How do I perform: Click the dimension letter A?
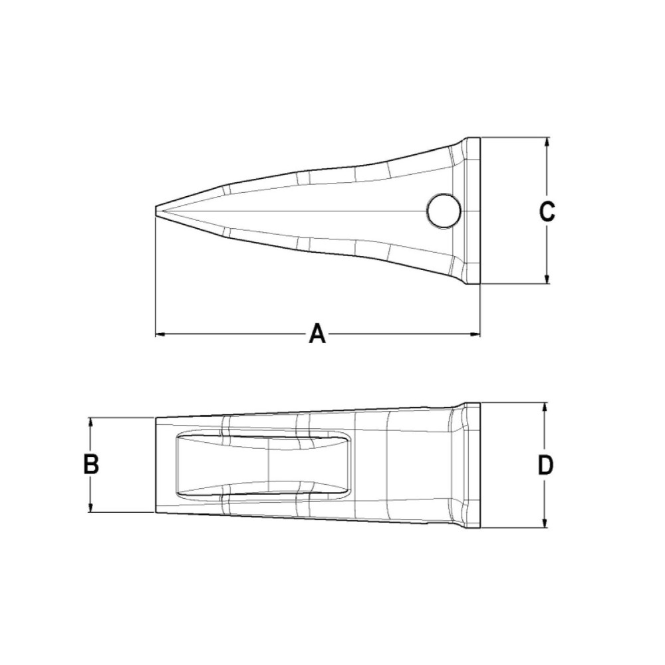[317, 333]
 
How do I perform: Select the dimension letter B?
[91, 464]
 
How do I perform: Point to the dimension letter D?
[545, 465]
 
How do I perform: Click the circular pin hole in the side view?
[444, 211]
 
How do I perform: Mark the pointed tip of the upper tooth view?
[157, 211]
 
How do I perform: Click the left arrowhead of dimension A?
[160, 334]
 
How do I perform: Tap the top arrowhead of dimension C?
[547, 142]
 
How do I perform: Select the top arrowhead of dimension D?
[545, 407]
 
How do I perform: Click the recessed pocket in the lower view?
[263, 464]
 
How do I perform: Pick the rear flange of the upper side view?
[472, 211]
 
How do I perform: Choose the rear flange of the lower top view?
[471, 465]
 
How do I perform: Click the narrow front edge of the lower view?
[157, 465]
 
